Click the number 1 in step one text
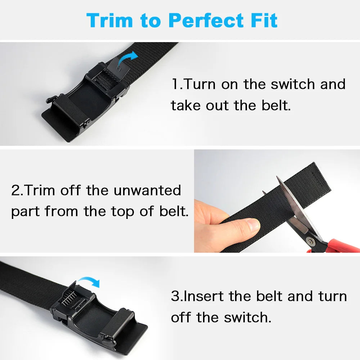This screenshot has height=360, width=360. (x=175, y=84)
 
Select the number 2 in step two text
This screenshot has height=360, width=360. (x=15, y=190)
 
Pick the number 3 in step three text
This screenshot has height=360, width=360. (x=175, y=296)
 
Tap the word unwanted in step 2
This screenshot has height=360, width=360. (x=148, y=190)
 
